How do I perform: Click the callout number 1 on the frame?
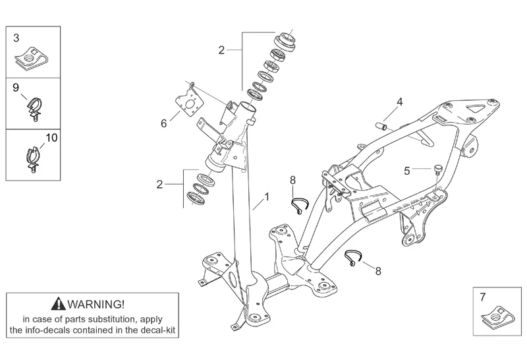267,196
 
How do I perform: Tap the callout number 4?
399,102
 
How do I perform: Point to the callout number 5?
407,170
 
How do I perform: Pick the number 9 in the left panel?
15,88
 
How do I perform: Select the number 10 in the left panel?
51,138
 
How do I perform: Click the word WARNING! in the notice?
96,304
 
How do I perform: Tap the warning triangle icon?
60,304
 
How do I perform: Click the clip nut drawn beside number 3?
28,59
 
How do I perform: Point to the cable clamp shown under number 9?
33,108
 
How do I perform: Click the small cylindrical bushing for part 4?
380,123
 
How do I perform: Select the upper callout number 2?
221,49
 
